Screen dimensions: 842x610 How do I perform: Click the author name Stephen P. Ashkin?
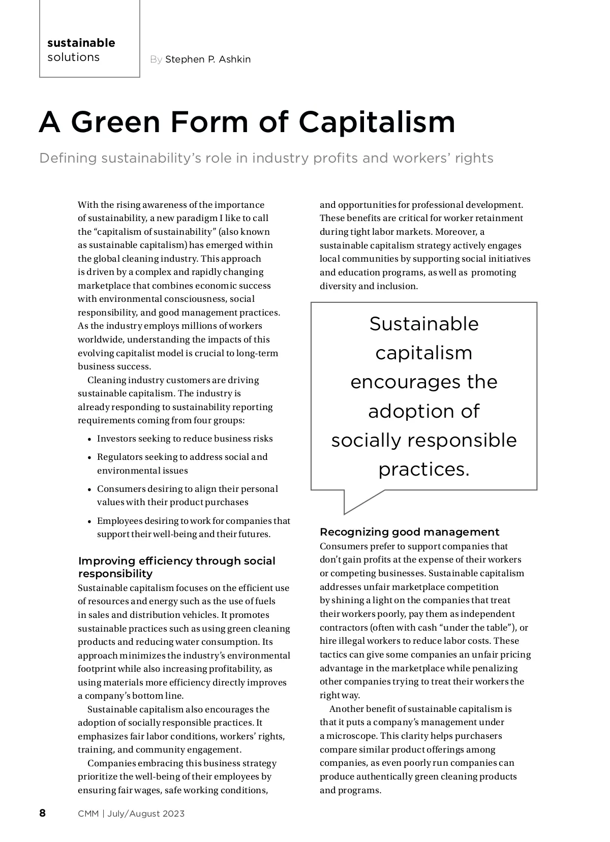[x=208, y=59]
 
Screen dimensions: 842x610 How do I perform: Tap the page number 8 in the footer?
[x=43, y=813]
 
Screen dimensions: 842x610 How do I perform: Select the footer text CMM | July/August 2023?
[x=131, y=814]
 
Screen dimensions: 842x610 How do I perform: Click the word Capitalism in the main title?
[x=377, y=122]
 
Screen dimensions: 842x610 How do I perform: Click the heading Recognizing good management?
[x=409, y=532]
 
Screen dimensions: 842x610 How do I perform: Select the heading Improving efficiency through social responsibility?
[x=176, y=567]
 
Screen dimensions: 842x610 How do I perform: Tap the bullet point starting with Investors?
[x=185, y=439]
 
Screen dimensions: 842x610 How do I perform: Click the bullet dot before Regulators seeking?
[x=89, y=458]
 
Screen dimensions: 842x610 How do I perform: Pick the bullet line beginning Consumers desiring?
[x=187, y=489]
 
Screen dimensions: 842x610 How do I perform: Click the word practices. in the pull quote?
[x=424, y=469]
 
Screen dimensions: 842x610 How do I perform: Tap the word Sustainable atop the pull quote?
[x=424, y=324]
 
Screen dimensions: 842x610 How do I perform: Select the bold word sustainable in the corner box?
[x=81, y=43]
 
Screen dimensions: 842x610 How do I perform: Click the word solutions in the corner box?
[x=74, y=57]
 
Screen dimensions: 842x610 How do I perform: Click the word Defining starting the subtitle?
[x=68, y=158]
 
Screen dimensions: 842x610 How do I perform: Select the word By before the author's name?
[x=156, y=59]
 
